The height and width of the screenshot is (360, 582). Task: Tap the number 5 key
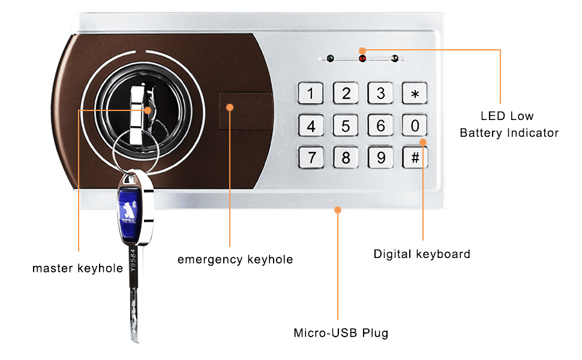point(346,125)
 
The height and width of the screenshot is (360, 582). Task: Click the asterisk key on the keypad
point(415,93)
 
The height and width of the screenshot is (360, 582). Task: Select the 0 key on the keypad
point(415,125)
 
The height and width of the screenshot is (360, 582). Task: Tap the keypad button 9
point(380,157)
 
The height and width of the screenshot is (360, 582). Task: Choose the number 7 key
point(311,157)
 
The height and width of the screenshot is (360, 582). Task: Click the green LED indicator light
point(330,58)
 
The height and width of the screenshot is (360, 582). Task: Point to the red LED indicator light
point(362,59)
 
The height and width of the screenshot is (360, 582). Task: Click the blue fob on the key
point(128,207)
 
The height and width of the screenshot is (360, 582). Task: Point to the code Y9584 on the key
point(133,260)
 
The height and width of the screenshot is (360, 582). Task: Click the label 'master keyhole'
point(77,268)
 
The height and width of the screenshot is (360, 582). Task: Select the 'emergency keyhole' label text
point(235,259)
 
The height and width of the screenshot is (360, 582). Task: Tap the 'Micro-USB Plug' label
point(341,333)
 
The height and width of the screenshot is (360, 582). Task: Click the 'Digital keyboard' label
point(422,254)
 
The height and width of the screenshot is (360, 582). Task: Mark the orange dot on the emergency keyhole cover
point(230,107)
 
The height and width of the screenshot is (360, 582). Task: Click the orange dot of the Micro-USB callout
point(338,210)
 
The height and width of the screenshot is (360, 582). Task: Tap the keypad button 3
point(380,93)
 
